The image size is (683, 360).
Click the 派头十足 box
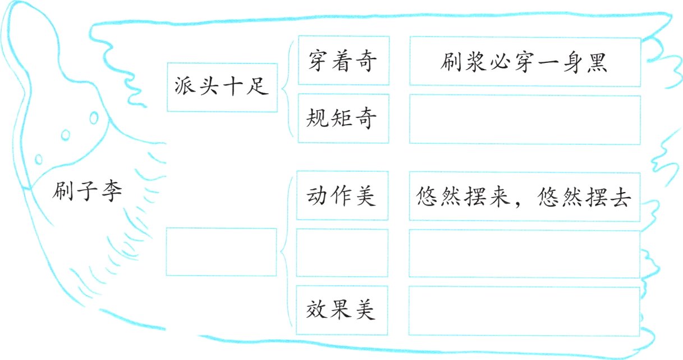tap(222, 87)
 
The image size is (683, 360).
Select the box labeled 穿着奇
tap(342, 61)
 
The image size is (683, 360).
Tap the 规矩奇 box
tap(342, 118)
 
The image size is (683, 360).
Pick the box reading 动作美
tap(342, 195)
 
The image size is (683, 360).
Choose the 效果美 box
tap(342, 310)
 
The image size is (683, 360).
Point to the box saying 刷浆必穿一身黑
tap(524, 62)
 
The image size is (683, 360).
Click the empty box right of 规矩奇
tap(524, 119)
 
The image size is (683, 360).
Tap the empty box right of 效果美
tap(524, 311)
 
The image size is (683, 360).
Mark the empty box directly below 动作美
tap(342, 253)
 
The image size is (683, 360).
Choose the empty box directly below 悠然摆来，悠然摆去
tap(524, 253)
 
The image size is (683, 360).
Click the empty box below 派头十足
tap(222, 252)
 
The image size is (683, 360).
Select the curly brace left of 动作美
tap(285, 252)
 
